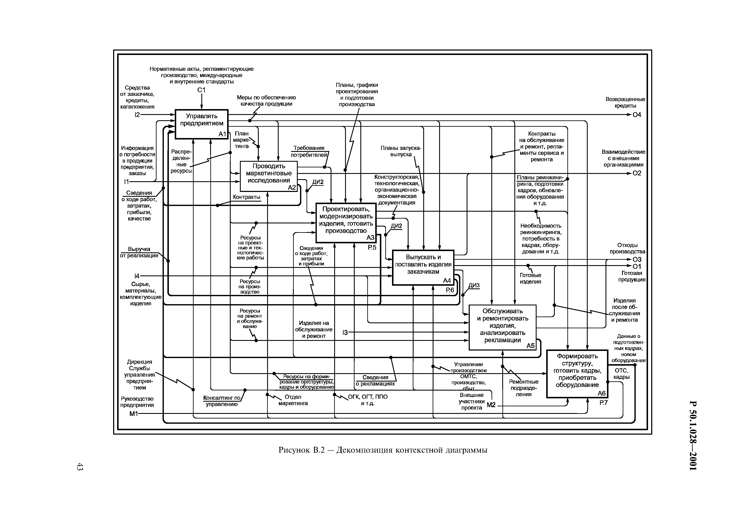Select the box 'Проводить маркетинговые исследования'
[x=269, y=176]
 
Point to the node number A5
[x=531, y=346]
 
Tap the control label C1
[x=201, y=90]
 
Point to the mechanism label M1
[x=133, y=414]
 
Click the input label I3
[x=345, y=332]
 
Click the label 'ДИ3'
[x=474, y=285]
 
